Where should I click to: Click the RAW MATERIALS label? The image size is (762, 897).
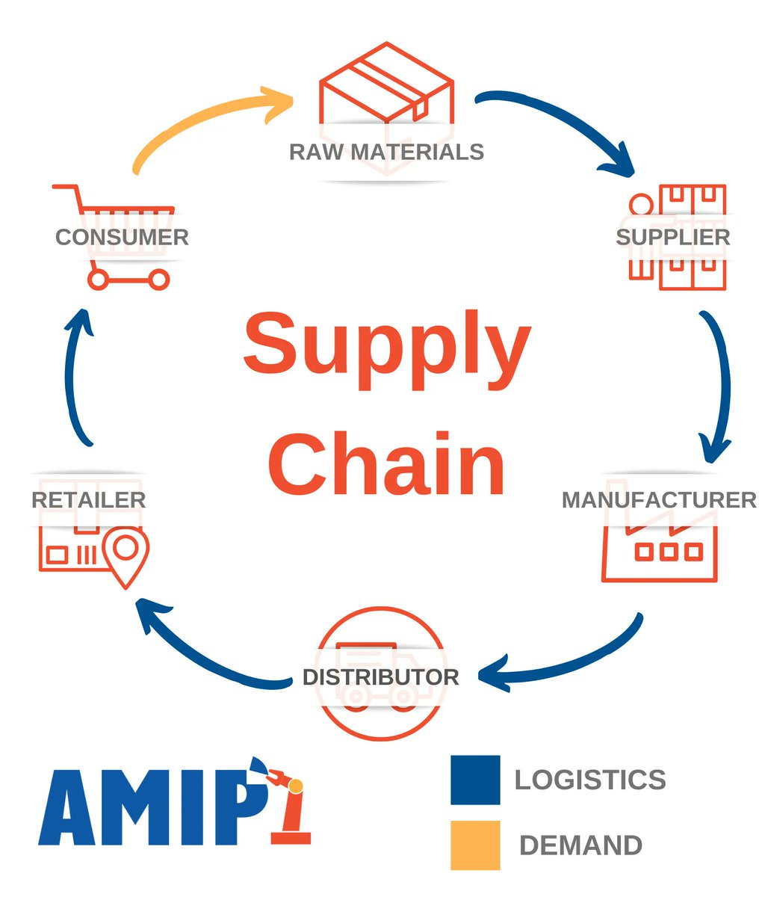tap(386, 152)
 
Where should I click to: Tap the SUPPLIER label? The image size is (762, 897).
tap(672, 237)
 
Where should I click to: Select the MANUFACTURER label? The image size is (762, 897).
tap(659, 499)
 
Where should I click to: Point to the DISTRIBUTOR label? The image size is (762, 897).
tap(380, 677)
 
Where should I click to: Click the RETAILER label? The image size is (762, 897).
tap(88, 499)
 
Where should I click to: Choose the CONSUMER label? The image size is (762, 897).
tap(122, 237)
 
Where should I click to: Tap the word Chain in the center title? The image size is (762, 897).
tap(386, 463)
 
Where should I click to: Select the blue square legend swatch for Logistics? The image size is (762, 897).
tap(475, 780)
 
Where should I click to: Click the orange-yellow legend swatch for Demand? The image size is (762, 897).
tap(475, 845)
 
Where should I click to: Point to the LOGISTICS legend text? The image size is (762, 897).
tap(590, 780)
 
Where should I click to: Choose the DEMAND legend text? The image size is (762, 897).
tap(580, 845)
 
